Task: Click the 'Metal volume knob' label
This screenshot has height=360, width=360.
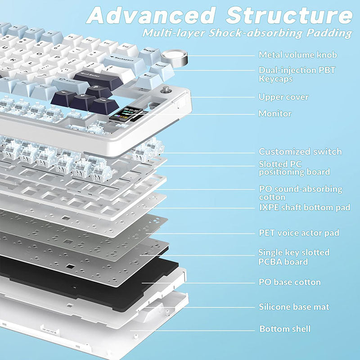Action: coord(297,55)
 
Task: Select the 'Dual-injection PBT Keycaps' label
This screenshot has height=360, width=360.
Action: coord(297,74)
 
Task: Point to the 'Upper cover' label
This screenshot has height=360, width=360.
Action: coord(283,97)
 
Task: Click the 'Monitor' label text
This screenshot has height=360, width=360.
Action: coord(275,113)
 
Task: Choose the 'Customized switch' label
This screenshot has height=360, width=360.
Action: coord(300,152)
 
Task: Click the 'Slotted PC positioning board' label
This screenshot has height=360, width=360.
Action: coord(294,168)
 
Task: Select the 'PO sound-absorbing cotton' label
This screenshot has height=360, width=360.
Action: coord(300,193)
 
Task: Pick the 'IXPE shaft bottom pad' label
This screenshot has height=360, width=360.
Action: coord(304,207)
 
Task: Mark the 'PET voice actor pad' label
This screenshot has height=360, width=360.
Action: coord(299,233)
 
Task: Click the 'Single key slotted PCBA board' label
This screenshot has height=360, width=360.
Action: coord(294,257)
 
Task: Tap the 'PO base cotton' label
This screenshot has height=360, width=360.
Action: coord(289,282)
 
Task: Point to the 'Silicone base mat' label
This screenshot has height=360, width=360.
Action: coord(294,307)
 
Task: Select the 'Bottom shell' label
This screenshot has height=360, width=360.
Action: coord(285,329)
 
